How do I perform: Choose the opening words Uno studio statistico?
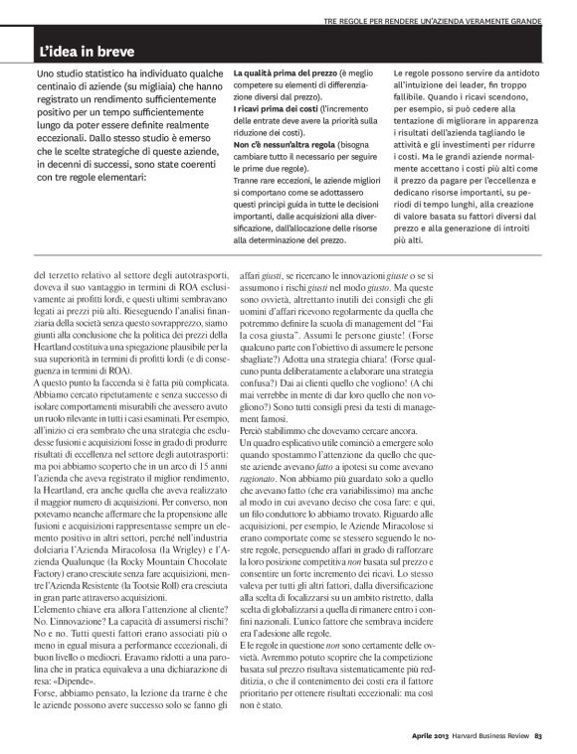click(85, 75)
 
